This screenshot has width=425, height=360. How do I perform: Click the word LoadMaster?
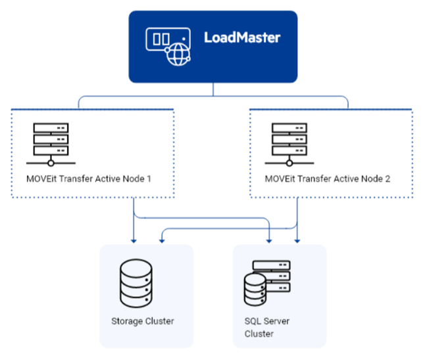[241, 38]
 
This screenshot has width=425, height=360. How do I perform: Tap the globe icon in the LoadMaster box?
[177, 55]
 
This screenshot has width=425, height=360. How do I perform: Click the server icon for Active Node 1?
[51, 143]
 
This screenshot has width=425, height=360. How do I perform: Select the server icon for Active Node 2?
[289, 143]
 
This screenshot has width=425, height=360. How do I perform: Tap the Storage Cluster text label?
[142, 321]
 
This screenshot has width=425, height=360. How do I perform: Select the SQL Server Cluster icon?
[266, 282]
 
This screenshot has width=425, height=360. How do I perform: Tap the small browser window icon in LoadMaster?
[161, 39]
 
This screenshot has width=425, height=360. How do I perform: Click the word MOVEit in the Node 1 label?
[39, 178]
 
